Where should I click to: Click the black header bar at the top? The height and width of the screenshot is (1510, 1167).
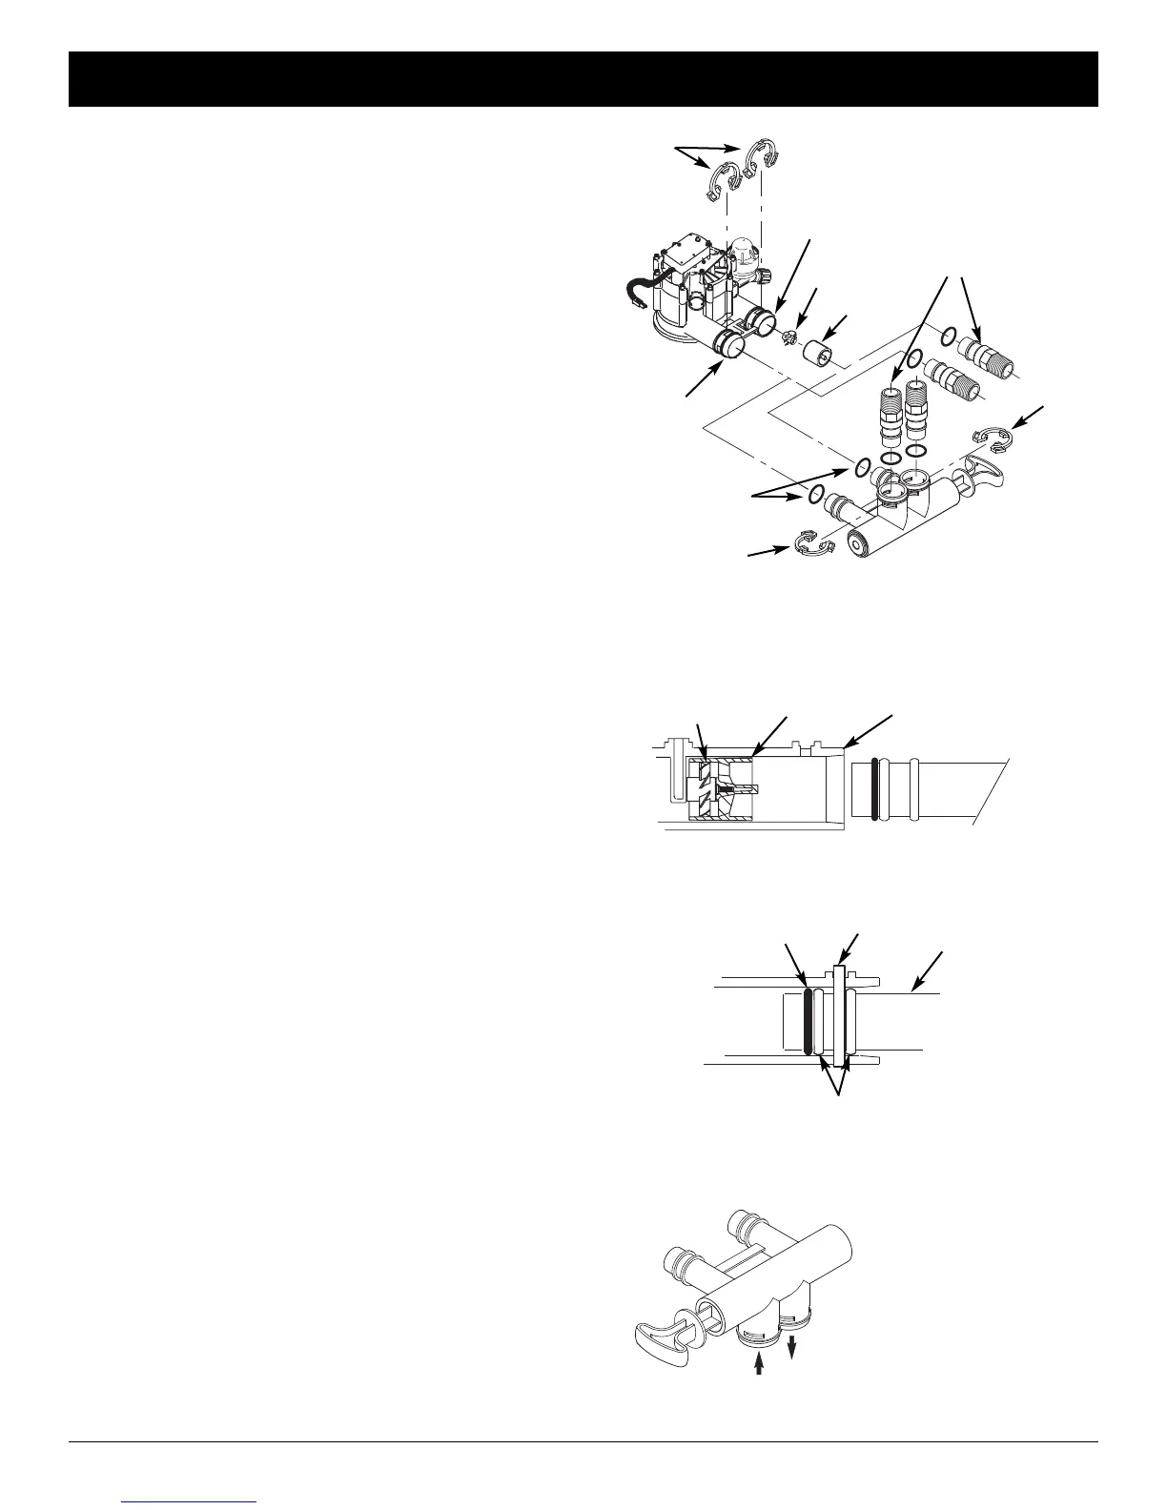(583, 79)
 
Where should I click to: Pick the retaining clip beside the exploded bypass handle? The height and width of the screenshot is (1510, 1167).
(993, 439)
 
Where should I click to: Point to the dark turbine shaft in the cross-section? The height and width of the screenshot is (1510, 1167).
(740, 789)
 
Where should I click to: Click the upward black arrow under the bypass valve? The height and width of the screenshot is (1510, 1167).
(759, 1365)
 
